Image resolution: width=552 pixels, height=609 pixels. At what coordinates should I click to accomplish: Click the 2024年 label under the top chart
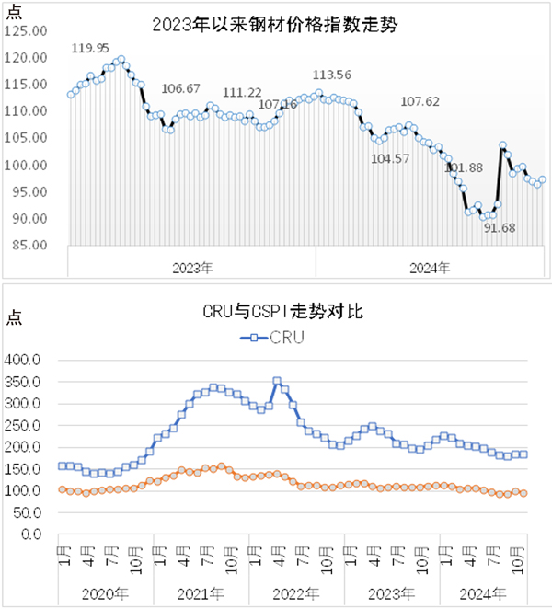[430, 269]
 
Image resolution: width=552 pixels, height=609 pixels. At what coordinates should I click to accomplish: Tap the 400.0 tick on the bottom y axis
[25, 360]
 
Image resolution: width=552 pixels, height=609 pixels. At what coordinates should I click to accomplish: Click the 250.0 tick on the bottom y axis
[25, 425]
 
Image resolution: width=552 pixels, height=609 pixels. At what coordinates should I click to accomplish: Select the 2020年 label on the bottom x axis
[105, 593]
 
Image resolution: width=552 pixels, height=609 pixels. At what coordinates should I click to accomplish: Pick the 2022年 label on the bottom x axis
[295, 593]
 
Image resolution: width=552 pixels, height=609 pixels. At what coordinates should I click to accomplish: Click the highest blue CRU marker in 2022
[277, 380]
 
